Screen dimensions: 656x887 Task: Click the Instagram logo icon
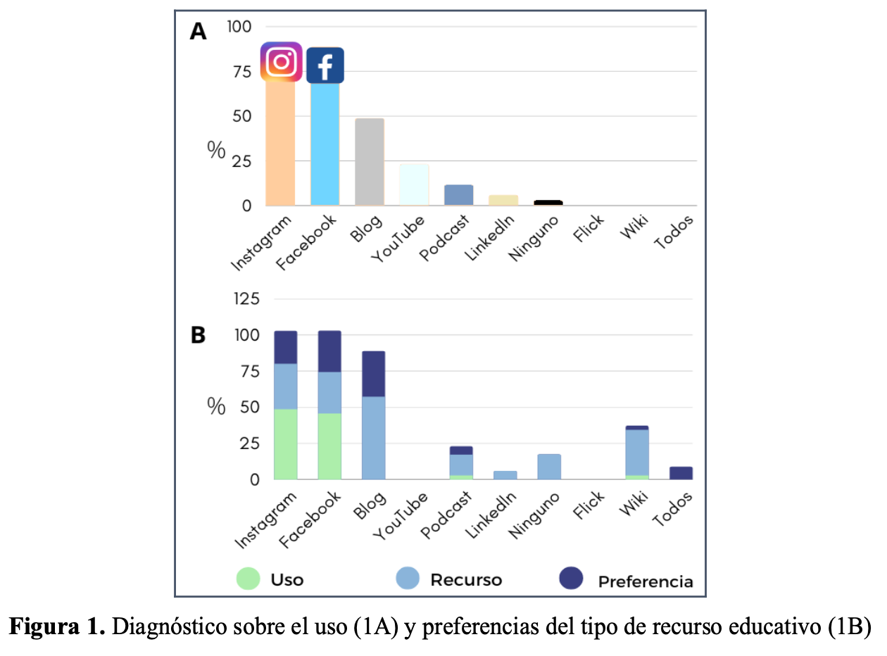point(282,62)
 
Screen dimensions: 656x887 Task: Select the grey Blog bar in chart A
point(370,162)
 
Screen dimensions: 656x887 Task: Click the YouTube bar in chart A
point(414,184)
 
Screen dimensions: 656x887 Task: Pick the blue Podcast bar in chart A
point(458,195)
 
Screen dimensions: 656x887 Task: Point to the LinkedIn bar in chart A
point(503,201)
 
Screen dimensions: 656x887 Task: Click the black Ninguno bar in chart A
point(548,203)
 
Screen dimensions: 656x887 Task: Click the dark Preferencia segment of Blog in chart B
point(373,374)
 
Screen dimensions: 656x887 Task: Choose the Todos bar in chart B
point(681,473)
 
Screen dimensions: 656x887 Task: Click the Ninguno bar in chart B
point(549,467)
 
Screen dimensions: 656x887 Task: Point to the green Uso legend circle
point(248,579)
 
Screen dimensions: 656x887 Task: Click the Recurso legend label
point(466,580)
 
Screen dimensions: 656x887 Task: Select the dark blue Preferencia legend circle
point(571,579)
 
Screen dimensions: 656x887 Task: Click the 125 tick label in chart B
point(246,299)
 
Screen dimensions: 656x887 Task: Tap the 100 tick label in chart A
point(239,27)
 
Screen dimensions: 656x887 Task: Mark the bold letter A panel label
point(199,32)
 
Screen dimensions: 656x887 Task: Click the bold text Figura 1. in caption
point(57,627)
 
